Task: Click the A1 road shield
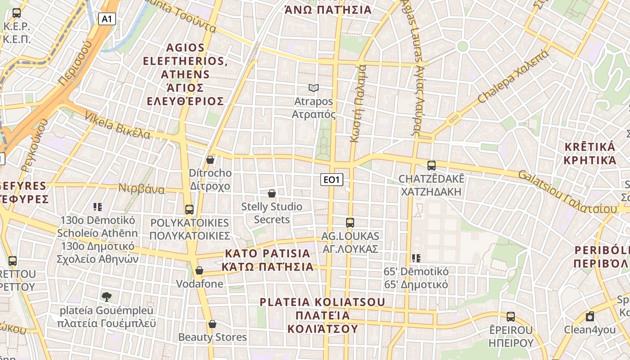[x=107, y=19]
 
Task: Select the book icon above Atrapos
[x=314, y=88]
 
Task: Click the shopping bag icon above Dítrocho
[x=210, y=160]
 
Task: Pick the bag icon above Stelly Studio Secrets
[x=272, y=193]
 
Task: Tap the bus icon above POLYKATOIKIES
[x=189, y=209]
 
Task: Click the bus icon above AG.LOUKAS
[x=350, y=222]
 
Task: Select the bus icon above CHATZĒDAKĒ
[x=432, y=166]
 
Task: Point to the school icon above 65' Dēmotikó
[x=416, y=258]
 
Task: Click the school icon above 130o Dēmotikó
[x=98, y=207]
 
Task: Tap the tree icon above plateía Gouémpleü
[x=107, y=297]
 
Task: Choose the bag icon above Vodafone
[x=199, y=270]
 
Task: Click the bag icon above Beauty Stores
[x=212, y=324]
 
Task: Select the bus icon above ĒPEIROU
[x=511, y=316]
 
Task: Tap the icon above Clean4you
[x=590, y=316]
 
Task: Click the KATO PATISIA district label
[x=268, y=260]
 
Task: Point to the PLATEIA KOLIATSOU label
[x=323, y=315]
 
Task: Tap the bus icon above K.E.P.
[x=17, y=13]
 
